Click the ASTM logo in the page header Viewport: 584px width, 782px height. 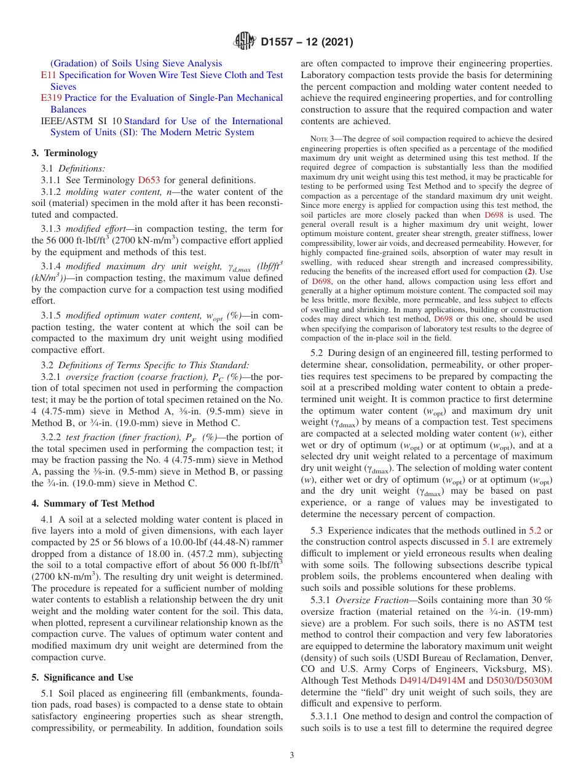tap(245, 42)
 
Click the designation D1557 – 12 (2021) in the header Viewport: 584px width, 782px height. tap(307, 42)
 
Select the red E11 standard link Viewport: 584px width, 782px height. tap(48, 75)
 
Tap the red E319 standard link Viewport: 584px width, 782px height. tap(51, 98)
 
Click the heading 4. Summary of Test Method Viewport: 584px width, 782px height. tap(93, 504)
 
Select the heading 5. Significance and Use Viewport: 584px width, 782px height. tap(82, 677)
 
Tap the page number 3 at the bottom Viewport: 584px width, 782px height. tap(292, 756)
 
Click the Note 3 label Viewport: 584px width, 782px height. tap(323, 139)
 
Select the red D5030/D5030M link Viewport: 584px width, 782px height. tap(519, 681)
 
